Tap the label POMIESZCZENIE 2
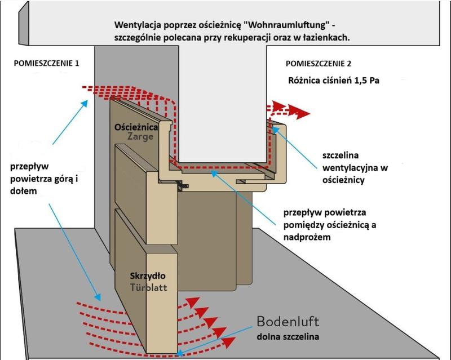pyautogui.click(x=319, y=63)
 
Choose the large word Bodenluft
pyautogui.click(x=288, y=322)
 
